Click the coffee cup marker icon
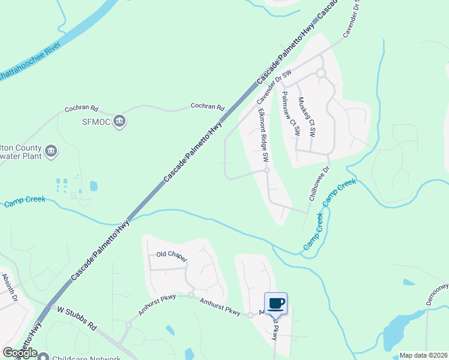coord(276,303)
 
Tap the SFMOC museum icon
coord(119,121)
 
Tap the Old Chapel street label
coord(172,256)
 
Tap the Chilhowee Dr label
coord(319,184)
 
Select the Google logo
coord(20,353)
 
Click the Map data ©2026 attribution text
coord(423,355)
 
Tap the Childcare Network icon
coord(43,356)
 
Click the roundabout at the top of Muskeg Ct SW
coord(321,73)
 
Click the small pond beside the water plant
coord(94,186)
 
